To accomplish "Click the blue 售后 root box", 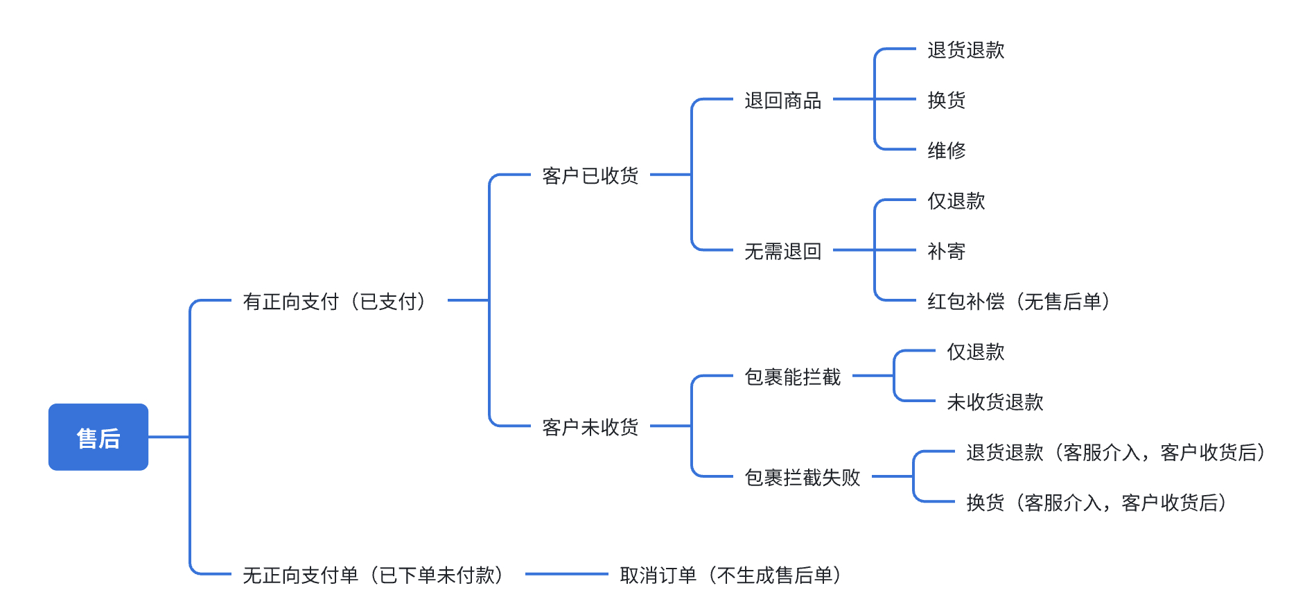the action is click(98, 437).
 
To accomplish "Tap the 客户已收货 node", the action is click(590, 175).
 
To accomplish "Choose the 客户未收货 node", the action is click(590, 427).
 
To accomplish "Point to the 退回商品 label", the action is click(783, 101).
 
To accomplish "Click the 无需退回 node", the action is click(783, 251).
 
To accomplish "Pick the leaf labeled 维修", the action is click(947, 150).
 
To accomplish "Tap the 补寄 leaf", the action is click(947, 251).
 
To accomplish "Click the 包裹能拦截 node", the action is click(793, 376).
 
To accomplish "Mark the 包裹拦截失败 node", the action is click(803, 477).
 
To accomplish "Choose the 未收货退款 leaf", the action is click(995, 402).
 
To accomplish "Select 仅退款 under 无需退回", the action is click(956, 201).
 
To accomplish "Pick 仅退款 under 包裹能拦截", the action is click(976, 352).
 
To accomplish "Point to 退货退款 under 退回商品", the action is click(966, 50).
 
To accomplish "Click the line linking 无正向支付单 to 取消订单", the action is click(567, 574).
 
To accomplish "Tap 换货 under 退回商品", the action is click(947, 101).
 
